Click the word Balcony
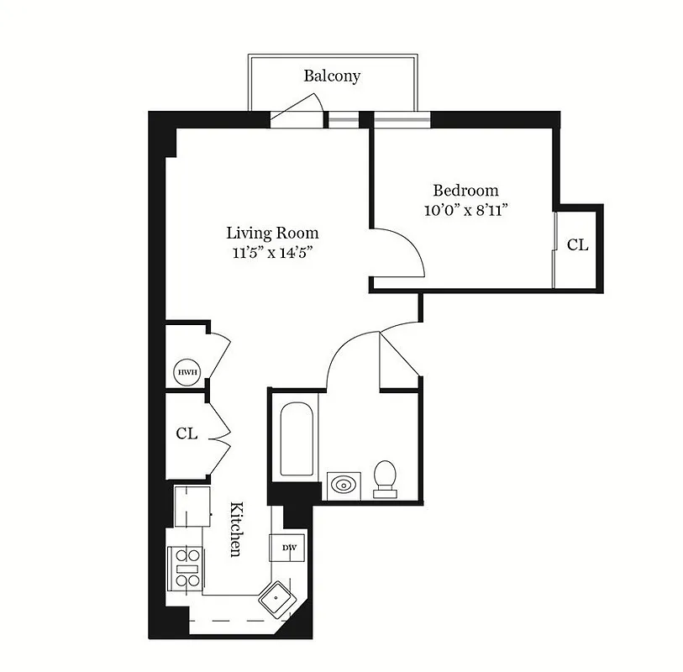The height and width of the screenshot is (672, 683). pyautogui.click(x=332, y=76)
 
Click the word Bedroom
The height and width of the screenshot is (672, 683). pyautogui.click(x=465, y=191)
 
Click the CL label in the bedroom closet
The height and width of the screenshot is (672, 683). pyautogui.click(x=577, y=245)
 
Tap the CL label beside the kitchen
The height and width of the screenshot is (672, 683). pyautogui.click(x=187, y=433)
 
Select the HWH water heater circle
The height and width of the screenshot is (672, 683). pyautogui.click(x=184, y=371)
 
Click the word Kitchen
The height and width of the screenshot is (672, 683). pyautogui.click(x=238, y=529)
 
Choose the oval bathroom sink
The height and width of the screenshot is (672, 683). pyautogui.click(x=344, y=485)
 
